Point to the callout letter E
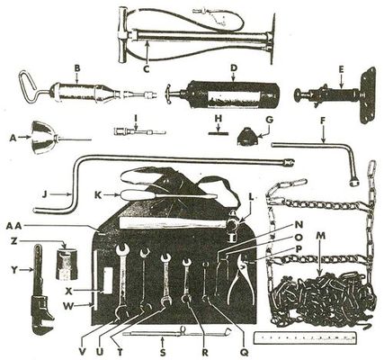340,67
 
